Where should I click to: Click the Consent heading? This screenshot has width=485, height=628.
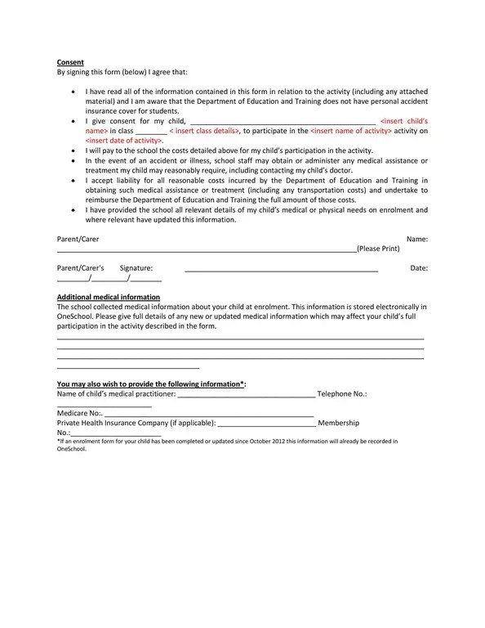pos(70,62)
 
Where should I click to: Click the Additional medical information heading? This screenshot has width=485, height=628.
pos(108,297)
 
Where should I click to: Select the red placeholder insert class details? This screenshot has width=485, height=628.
pos(204,131)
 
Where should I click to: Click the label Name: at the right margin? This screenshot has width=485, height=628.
pos(416,239)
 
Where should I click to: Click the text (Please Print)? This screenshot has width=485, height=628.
pos(378,248)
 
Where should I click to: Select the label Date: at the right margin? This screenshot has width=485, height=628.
pos(419,268)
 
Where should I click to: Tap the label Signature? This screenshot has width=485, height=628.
pos(136,268)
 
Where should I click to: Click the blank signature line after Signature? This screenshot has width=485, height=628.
pos(281,269)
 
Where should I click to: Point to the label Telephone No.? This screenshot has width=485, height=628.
pos(342,393)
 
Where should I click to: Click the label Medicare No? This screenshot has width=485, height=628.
pos(79,413)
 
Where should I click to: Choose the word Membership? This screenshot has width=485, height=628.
pos(338,423)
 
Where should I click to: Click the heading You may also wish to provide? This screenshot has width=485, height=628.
pos(151,384)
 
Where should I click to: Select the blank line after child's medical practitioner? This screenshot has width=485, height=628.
pos(246,395)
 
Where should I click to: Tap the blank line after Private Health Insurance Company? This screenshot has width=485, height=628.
pos(266,424)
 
